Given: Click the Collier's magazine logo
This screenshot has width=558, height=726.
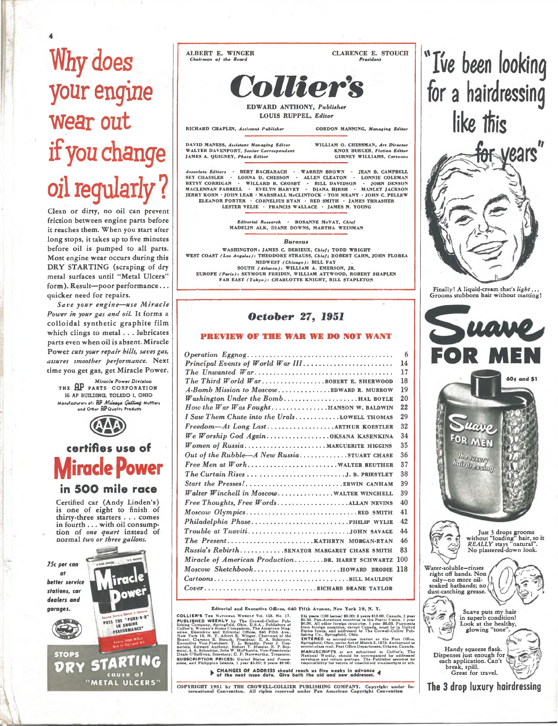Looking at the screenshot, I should (x=296, y=86).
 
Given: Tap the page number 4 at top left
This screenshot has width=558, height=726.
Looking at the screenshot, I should (x=51, y=36).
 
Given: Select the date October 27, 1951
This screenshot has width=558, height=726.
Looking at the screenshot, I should (x=296, y=317).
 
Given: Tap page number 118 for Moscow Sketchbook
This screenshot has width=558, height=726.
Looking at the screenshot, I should (x=402, y=569).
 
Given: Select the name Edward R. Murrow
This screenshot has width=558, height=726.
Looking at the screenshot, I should (x=362, y=390).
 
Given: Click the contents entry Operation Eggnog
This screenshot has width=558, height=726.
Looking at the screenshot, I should (x=216, y=355).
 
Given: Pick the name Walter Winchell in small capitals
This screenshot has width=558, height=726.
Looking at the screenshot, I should (x=363, y=493).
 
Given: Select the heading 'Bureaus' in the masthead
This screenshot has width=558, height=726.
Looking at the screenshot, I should (x=296, y=241).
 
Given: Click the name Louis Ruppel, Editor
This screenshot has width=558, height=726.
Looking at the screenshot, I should (x=296, y=116).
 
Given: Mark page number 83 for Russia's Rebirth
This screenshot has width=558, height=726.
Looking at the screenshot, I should (x=404, y=550).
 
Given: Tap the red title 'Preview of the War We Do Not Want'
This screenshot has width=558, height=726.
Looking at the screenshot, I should (x=296, y=336).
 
